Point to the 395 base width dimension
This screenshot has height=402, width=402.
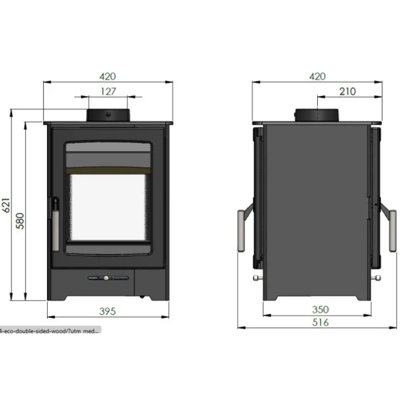click(x=110, y=310)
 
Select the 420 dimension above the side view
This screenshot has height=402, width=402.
click(x=317, y=75)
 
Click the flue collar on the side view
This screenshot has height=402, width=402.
click(x=317, y=115)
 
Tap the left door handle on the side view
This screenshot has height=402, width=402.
click(x=242, y=228)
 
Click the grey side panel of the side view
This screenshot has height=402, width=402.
click(x=317, y=208)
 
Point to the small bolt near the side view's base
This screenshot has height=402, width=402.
click(x=257, y=280)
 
